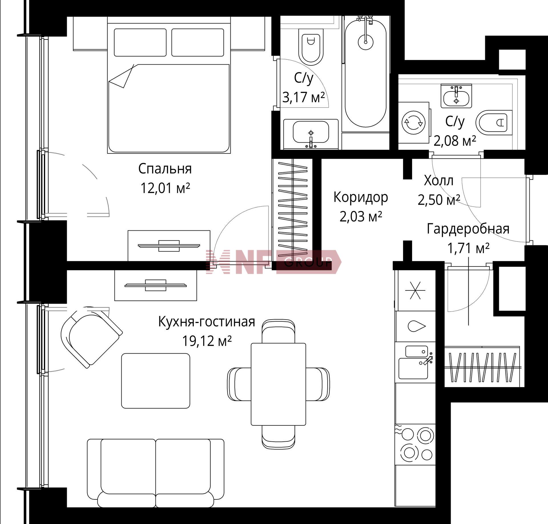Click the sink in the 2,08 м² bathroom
click(456, 96)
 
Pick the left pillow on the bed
click(140, 43)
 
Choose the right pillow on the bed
click(198, 43)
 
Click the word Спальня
click(165, 169)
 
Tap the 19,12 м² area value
click(207, 341)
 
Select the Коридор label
click(361, 198)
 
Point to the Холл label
click(438, 181)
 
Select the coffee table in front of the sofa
click(156, 381)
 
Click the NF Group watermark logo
click(273, 262)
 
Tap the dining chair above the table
click(278, 331)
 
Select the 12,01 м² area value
click(165, 188)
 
